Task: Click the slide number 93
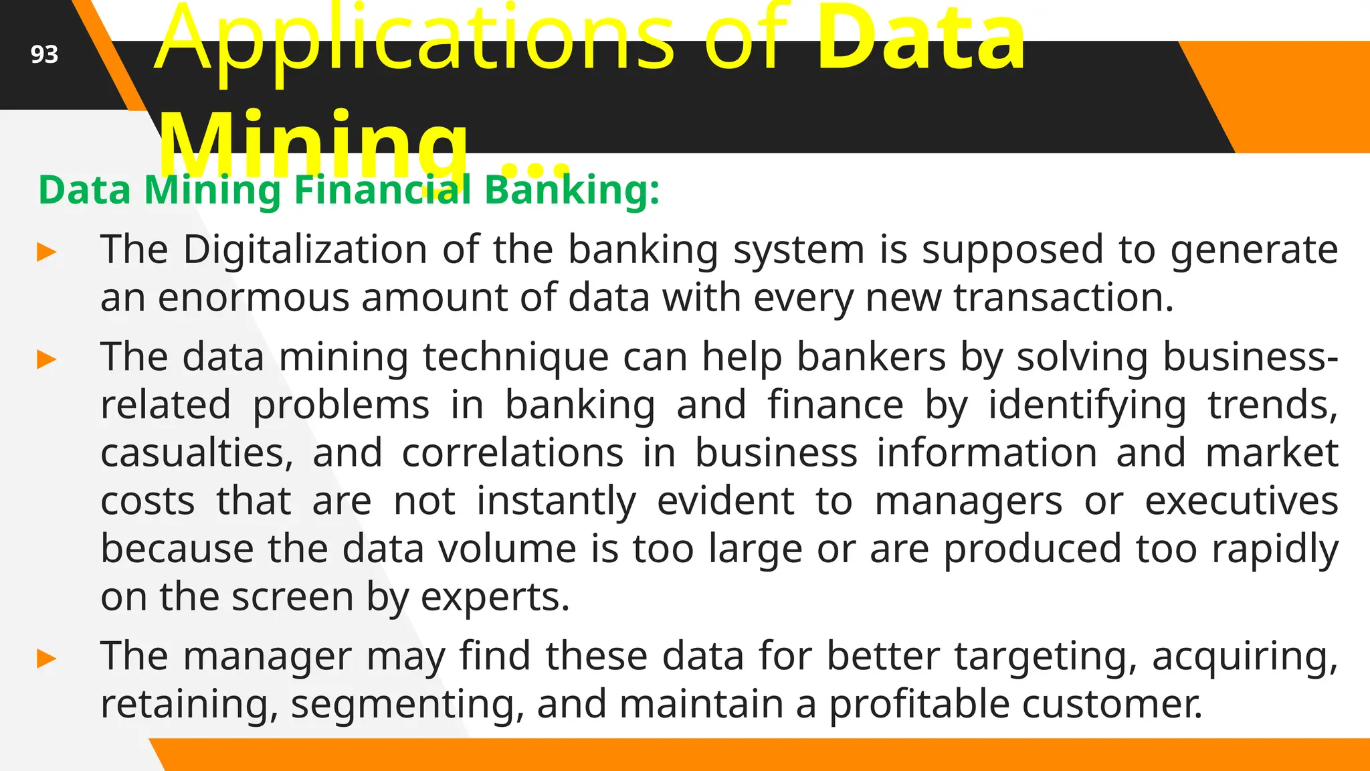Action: [x=44, y=54]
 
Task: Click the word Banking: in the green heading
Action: [x=572, y=190]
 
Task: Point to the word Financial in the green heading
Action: [x=383, y=190]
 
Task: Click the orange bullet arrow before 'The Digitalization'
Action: [x=47, y=252]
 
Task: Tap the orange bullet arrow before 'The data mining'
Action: [x=47, y=359]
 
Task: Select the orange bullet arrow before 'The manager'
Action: [x=47, y=659]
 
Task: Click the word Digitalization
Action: [x=305, y=250]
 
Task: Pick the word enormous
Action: [x=254, y=298]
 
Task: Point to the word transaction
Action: [x=1064, y=298]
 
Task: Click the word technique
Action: [x=516, y=357]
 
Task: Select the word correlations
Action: [x=513, y=453]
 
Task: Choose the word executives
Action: [x=1242, y=501]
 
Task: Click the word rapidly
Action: [x=1275, y=549]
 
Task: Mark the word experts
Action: [x=495, y=598]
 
